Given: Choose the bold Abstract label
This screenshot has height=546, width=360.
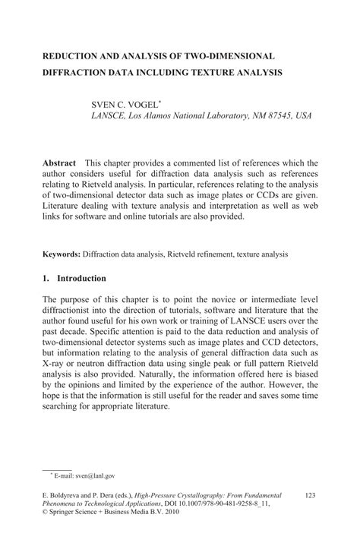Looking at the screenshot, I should (x=59, y=163).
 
